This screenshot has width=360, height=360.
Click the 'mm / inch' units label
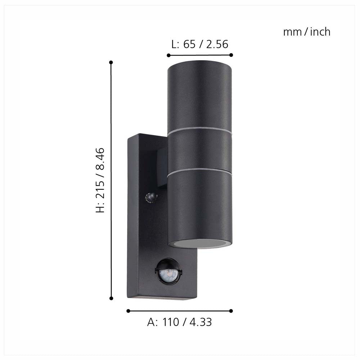click(306, 32)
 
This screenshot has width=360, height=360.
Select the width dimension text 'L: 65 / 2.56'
click(199, 44)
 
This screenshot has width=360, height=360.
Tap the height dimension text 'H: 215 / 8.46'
click(100, 180)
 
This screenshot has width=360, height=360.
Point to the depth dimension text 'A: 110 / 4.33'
click(179, 322)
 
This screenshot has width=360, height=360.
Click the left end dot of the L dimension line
click(168, 55)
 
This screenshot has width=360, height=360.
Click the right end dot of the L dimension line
click(231, 55)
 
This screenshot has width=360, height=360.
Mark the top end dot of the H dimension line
click(111, 62)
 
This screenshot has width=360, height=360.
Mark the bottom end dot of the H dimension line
click(111, 298)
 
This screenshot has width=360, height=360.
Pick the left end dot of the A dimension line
click(128, 311)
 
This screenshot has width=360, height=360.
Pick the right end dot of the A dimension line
click(231, 311)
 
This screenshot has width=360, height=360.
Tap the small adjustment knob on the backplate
click(150, 197)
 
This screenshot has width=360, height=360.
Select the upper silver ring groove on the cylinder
click(200, 131)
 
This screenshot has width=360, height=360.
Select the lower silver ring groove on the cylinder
click(200, 170)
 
